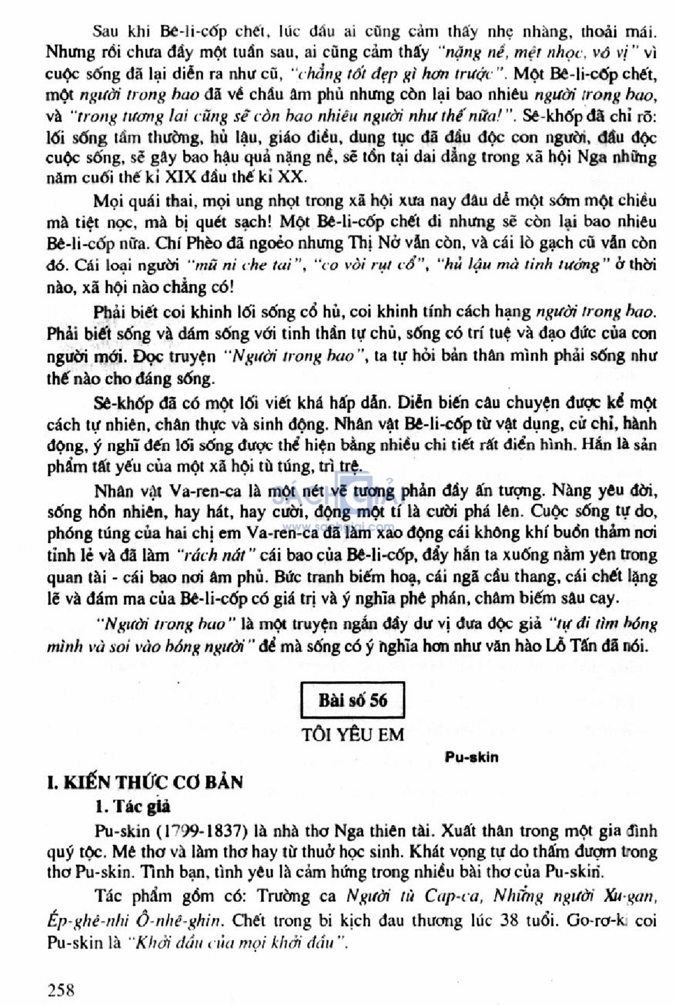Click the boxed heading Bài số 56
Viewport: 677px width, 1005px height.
click(x=352, y=700)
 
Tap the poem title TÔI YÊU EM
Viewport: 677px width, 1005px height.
click(x=352, y=734)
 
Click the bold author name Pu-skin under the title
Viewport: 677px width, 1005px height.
click(x=471, y=757)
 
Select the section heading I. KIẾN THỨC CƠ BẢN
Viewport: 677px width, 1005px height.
click(x=145, y=782)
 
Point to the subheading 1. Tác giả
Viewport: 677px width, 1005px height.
click(x=132, y=806)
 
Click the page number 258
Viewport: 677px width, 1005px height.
click(x=61, y=990)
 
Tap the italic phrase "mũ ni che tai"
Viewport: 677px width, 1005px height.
click(x=243, y=265)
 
